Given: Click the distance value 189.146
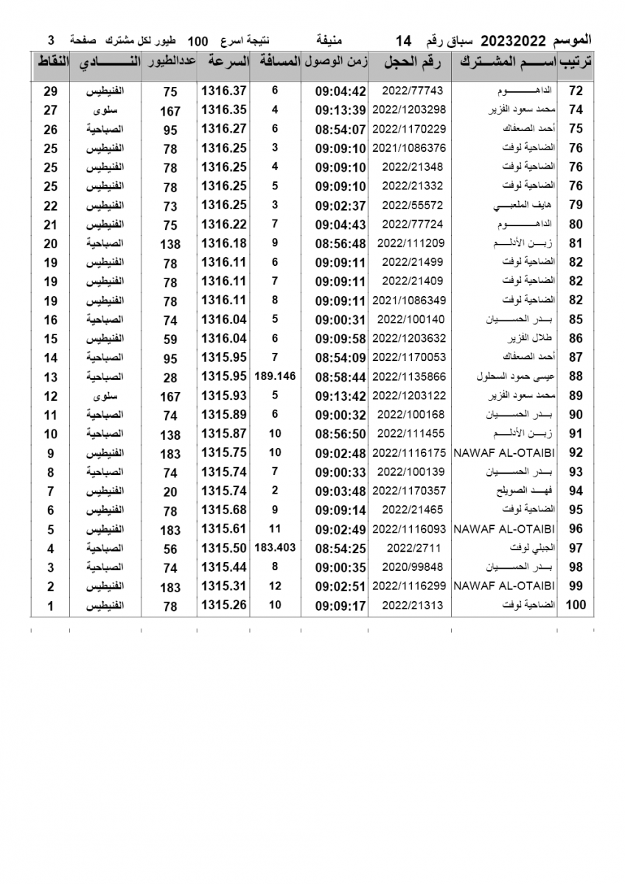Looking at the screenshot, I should (x=275, y=376).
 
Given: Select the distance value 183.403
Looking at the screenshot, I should (x=275, y=548).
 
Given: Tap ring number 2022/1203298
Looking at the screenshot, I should (x=409, y=110).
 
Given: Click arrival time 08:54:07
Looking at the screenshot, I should (x=341, y=129).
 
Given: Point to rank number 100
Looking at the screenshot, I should (x=575, y=606).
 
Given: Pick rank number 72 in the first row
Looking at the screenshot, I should (x=576, y=91).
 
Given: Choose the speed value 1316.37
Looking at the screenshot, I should (x=223, y=91).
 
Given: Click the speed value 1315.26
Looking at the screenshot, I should (x=223, y=606).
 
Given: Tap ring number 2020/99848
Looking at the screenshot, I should (x=409, y=567).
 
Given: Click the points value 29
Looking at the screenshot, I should (x=51, y=91).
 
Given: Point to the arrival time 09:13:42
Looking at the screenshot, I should (x=341, y=396).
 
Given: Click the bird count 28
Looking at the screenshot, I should (x=170, y=377).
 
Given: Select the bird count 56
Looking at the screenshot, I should (x=170, y=549).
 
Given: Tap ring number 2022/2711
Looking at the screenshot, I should (x=409, y=549).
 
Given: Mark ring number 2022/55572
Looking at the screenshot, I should (x=409, y=206).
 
